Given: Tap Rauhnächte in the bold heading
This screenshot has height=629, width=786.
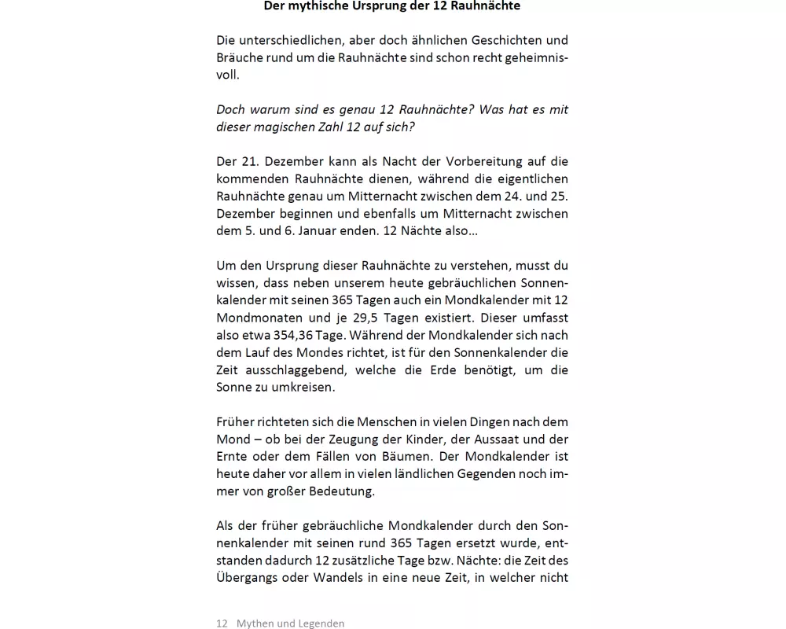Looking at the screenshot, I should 486,6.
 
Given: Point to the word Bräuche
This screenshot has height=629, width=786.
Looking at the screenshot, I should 238,57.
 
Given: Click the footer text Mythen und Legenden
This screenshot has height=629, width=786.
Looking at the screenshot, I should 290,623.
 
